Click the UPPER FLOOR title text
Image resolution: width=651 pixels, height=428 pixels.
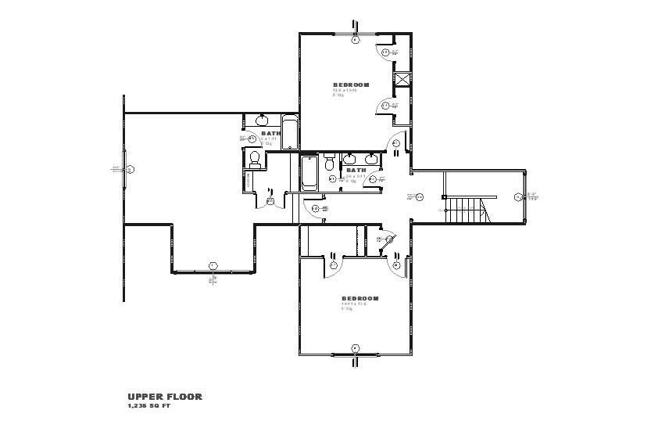[165, 397]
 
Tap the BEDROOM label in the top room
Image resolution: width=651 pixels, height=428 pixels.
[350, 85]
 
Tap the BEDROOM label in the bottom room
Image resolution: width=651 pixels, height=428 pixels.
[359, 298]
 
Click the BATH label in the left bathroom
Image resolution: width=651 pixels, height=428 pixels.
[270, 133]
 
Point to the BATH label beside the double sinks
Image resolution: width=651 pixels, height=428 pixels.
[356, 170]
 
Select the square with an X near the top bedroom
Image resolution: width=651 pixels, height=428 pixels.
[403, 78]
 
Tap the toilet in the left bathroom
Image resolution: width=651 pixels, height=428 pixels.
[253, 160]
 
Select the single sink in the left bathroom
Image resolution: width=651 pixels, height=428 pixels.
[260, 120]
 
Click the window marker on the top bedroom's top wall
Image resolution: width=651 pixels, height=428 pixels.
[355, 38]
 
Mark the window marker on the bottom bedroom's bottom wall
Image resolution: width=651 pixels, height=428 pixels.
[355, 348]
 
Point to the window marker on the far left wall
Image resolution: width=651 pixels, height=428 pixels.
[131, 169]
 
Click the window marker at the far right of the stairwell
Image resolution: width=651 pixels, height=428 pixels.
[517, 197]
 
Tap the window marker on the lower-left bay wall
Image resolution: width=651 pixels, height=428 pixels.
[212, 266]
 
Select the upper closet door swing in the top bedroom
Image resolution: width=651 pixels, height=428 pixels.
[385, 52]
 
